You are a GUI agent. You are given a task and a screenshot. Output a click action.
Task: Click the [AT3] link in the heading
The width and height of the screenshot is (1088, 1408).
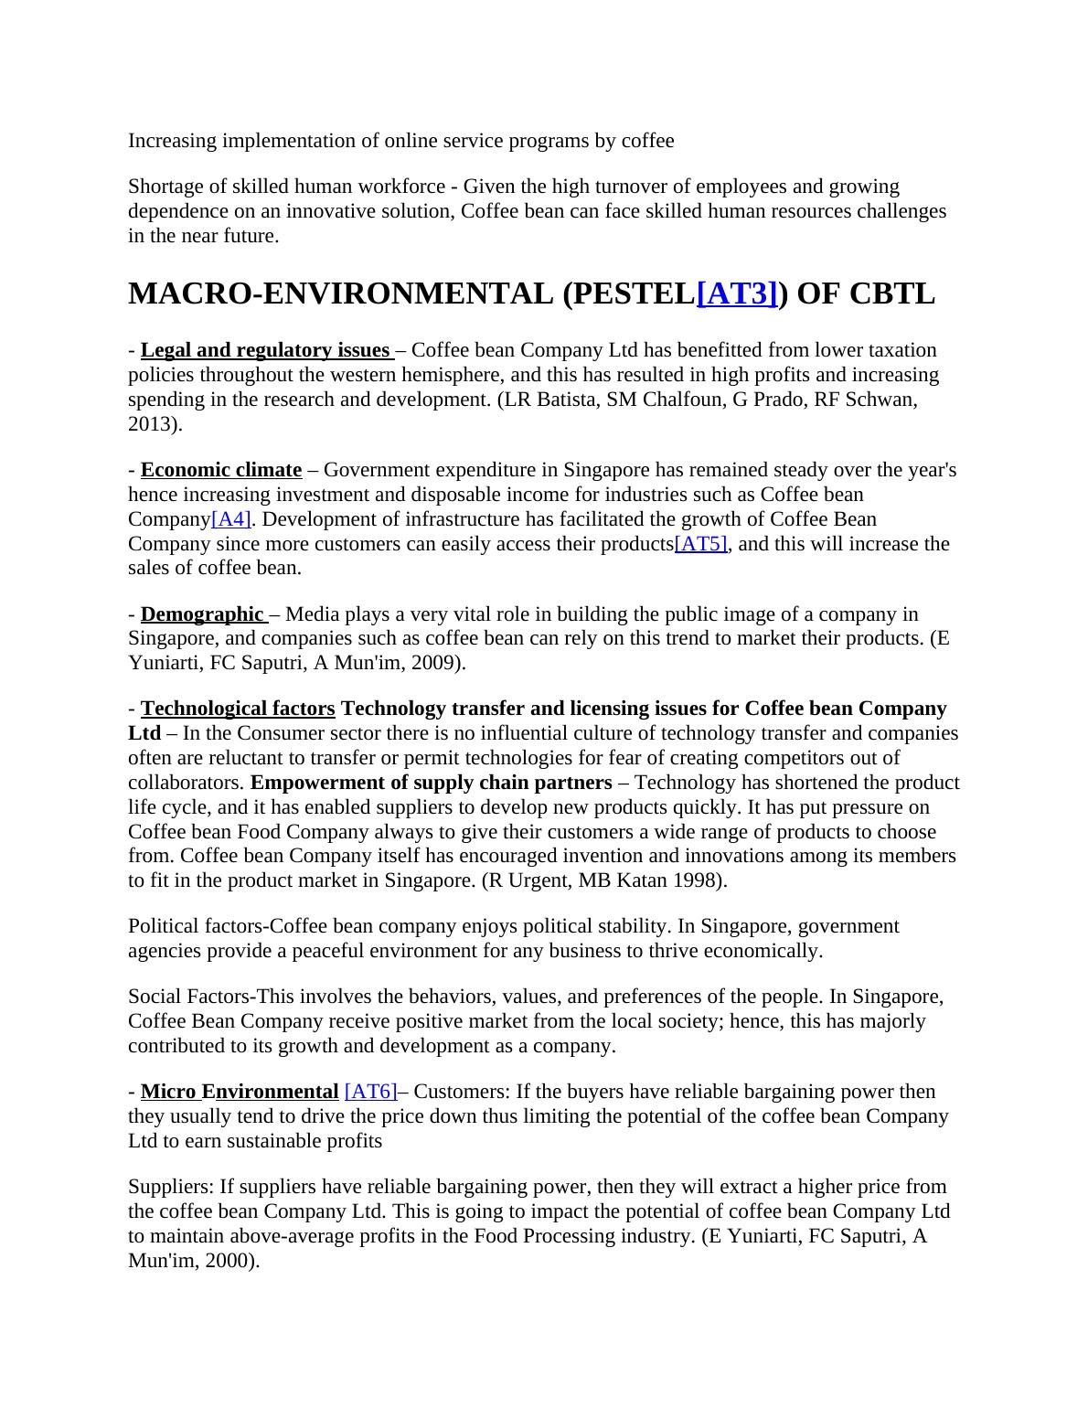(737, 294)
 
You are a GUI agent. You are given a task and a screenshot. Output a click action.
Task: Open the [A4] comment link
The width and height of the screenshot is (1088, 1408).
(231, 519)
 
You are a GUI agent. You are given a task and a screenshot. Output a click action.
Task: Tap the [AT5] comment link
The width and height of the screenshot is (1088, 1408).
(700, 544)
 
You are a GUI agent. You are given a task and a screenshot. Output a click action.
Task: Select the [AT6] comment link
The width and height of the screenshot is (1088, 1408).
(370, 1092)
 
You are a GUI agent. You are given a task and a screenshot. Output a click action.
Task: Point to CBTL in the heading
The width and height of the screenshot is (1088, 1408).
(892, 294)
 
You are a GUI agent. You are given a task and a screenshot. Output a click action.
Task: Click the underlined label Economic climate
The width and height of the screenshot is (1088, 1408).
(221, 470)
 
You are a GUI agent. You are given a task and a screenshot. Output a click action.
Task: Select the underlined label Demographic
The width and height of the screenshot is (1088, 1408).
(202, 614)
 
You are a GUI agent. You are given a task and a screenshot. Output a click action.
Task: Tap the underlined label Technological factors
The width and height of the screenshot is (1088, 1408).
(238, 709)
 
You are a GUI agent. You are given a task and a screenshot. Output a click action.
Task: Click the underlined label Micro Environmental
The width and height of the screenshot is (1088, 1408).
(240, 1092)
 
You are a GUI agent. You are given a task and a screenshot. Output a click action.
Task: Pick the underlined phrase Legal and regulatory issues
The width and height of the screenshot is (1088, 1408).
(265, 350)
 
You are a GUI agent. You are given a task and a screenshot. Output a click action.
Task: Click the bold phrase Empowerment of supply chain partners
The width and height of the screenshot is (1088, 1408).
(432, 783)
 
